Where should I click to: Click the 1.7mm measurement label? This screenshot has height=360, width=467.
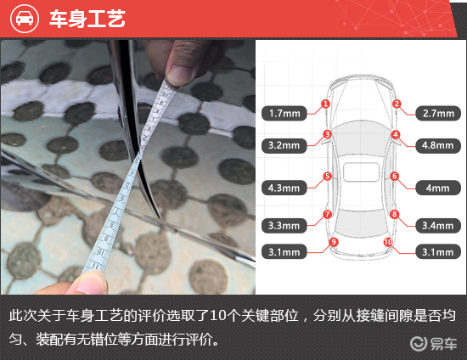click(x=284, y=112)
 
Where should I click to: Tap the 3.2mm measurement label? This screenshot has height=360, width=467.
click(x=284, y=145)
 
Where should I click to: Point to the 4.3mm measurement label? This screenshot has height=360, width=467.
click(x=284, y=187)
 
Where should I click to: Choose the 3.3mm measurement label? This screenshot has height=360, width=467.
click(x=284, y=226)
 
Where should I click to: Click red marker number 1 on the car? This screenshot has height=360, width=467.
click(x=325, y=104)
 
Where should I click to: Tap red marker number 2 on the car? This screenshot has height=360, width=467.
click(x=397, y=104)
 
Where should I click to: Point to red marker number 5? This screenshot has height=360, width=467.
click(x=327, y=177)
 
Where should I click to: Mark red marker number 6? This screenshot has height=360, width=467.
click(x=395, y=177)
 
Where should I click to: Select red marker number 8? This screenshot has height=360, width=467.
click(x=395, y=214)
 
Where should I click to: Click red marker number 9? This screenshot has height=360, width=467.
click(x=334, y=242)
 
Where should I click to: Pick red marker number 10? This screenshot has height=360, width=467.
click(x=388, y=242)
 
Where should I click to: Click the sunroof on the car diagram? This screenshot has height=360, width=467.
click(x=361, y=172)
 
